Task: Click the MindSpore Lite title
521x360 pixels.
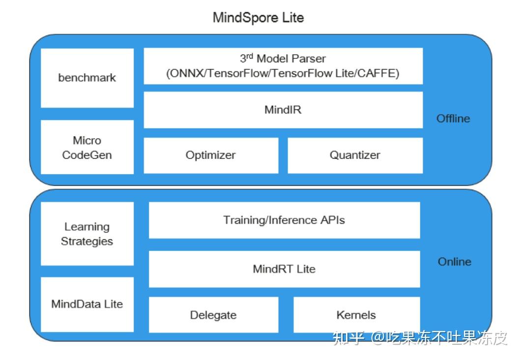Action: pyautogui.click(x=258, y=18)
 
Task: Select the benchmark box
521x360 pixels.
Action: pyautogui.click(x=87, y=78)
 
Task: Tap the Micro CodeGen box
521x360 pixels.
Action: pyautogui.click(x=87, y=147)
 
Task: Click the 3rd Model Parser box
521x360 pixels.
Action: pyautogui.click(x=283, y=66)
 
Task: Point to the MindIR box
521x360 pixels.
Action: pyautogui.click(x=283, y=110)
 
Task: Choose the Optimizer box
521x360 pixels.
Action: pyautogui.click(x=210, y=155)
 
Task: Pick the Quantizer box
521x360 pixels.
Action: pyautogui.click(x=355, y=155)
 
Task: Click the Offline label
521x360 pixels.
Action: pyautogui.click(x=453, y=119)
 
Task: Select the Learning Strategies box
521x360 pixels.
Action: pyautogui.click(x=87, y=234)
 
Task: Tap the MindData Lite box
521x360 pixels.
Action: pyautogui.click(x=87, y=304)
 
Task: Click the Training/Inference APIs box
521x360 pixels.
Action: pyautogui.click(x=284, y=220)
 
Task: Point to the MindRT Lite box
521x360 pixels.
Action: pyautogui.click(x=284, y=269)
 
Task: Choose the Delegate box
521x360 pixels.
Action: pyautogui.click(x=213, y=315)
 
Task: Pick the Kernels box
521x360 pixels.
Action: pyautogui.click(x=356, y=315)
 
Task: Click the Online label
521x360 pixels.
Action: pyautogui.click(x=454, y=262)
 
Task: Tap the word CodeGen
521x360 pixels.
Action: pyautogui.click(x=87, y=155)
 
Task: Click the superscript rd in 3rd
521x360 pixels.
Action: pyautogui.click(x=250, y=56)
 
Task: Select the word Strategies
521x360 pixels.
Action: pyautogui.click(x=87, y=241)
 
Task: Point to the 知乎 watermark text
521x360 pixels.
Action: pyautogui.click(x=348, y=338)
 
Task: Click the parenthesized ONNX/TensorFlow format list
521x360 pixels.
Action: pyautogui.click(x=283, y=74)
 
